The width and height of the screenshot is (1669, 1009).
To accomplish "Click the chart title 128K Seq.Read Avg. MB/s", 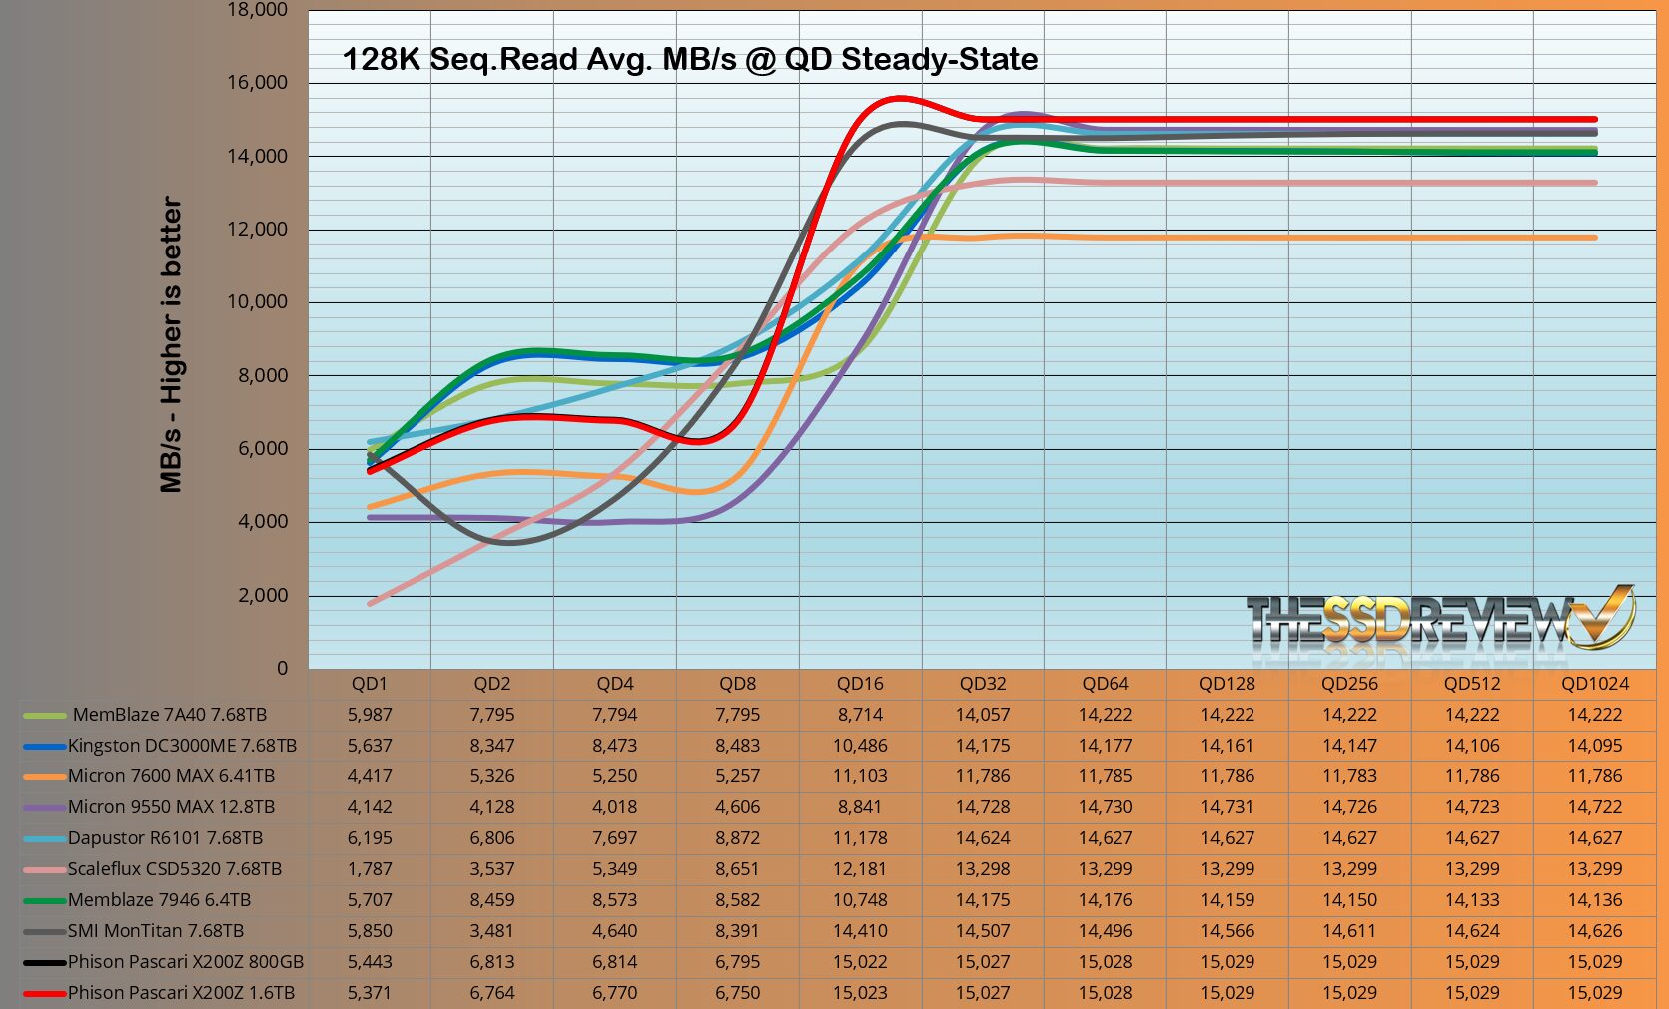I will click(x=689, y=59).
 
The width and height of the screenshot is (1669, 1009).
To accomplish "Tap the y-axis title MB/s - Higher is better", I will click(x=172, y=344).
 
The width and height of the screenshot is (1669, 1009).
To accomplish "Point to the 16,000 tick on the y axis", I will click(x=257, y=83).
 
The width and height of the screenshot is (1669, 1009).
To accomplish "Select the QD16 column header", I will click(x=860, y=684).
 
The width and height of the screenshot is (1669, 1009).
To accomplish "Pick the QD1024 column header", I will click(x=1595, y=684).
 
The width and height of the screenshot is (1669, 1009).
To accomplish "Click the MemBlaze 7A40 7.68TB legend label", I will click(x=169, y=715).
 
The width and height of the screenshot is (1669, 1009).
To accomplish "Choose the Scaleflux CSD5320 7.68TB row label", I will click(x=174, y=869).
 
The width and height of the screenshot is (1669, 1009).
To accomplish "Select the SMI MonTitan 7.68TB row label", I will click(x=155, y=931).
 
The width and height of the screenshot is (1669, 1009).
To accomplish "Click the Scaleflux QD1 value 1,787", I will click(x=370, y=869).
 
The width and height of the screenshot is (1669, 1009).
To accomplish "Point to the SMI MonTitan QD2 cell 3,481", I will click(x=492, y=931).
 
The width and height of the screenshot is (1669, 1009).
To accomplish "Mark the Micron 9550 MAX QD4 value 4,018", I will click(x=615, y=807).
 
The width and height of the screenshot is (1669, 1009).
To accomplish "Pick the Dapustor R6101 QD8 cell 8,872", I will click(x=738, y=838).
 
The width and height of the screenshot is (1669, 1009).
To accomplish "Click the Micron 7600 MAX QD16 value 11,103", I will click(x=860, y=776).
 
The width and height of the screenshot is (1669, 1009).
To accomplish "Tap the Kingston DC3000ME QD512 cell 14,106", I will click(x=1472, y=746).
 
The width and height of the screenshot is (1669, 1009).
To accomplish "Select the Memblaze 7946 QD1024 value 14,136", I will click(x=1595, y=900).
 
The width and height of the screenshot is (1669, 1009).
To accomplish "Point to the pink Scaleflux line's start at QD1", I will click(x=371, y=603).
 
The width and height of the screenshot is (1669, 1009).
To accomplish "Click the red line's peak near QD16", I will click(x=900, y=98).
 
